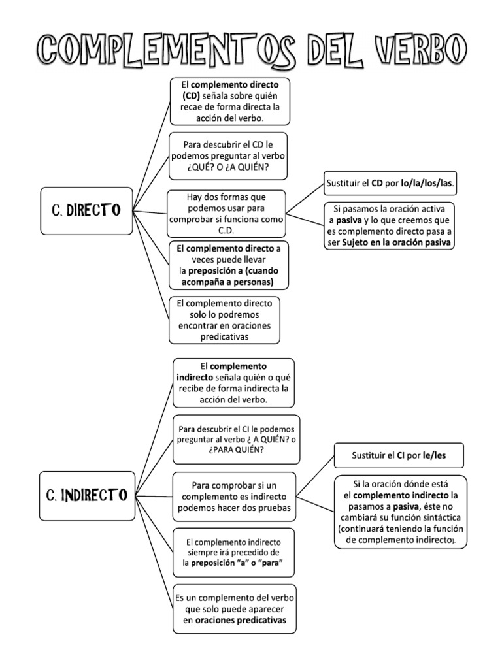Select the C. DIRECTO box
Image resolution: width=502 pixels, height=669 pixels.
(x=86, y=210)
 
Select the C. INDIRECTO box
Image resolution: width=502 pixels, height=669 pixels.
(x=87, y=495)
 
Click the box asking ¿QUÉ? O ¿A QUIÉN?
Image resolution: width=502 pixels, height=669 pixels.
(x=229, y=157)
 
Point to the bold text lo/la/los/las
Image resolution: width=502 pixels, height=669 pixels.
(x=427, y=184)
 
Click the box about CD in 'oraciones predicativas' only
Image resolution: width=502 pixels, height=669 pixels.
(x=224, y=320)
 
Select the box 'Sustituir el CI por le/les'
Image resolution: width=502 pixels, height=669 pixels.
(x=399, y=455)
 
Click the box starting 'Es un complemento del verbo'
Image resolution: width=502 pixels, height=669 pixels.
(x=235, y=609)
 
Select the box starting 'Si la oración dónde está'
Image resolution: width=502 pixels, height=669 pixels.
(x=401, y=512)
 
